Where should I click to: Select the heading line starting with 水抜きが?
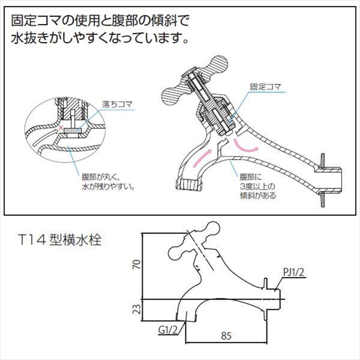coord(100,40)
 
